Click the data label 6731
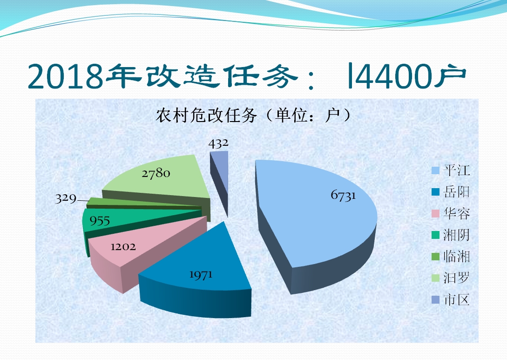[343, 195]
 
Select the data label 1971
[201, 275]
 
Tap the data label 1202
[123, 247]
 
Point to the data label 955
[100, 221]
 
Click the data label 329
[66, 198]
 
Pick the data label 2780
[156, 173]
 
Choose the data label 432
[218, 143]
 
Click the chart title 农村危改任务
[206, 115]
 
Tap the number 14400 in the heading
[390, 76]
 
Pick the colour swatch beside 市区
[436, 300]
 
